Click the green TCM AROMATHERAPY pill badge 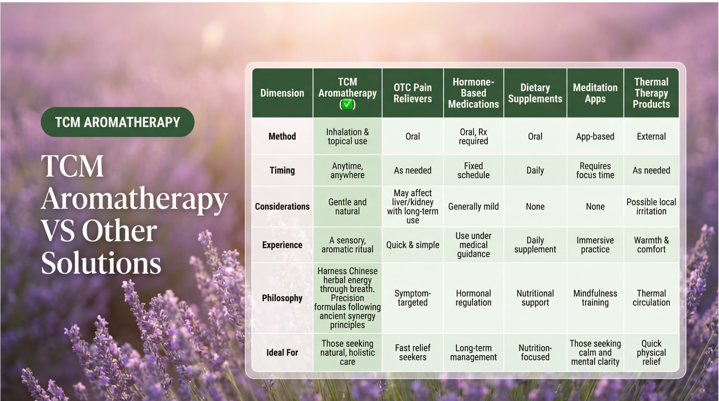(x=117, y=122)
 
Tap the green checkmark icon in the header (x=347, y=104)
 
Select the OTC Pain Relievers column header (x=412, y=93)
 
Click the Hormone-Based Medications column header (x=474, y=93)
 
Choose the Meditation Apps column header (x=595, y=93)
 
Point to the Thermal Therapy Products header (x=651, y=93)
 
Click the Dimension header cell (x=282, y=93)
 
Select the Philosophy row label (x=282, y=298)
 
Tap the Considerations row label (x=282, y=206)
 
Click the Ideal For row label (x=282, y=352)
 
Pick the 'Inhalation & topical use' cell (x=347, y=136)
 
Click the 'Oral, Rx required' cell (x=474, y=136)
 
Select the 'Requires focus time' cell (x=595, y=170)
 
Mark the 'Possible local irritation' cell (x=651, y=206)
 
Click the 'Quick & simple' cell (x=412, y=245)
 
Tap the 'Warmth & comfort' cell (x=651, y=245)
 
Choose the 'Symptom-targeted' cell (x=412, y=298)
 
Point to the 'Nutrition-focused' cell (x=535, y=352)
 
